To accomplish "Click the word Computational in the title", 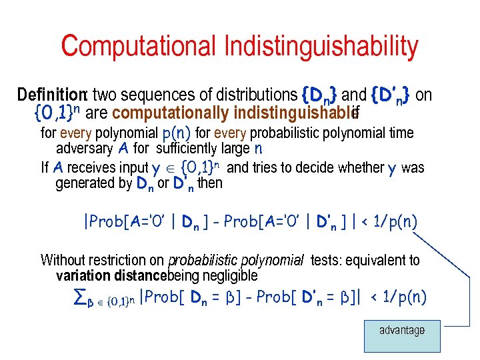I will pos(140,47).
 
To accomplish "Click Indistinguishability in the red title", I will pos(321,47).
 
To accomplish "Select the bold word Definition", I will pos(53,95).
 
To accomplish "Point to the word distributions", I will pos(250,95).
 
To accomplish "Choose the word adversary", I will pos(83,148).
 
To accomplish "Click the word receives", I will pos(94,167).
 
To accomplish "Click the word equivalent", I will pos(371,260).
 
